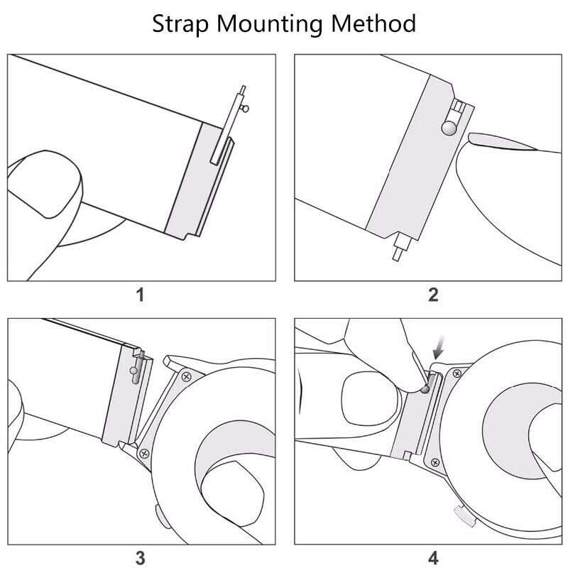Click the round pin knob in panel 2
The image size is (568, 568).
click(449, 128)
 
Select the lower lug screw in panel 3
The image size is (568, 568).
click(145, 452)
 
